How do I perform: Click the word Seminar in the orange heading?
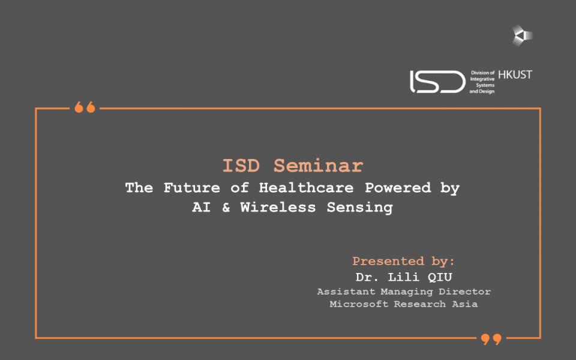click(319, 166)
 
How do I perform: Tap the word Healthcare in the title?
click(307, 188)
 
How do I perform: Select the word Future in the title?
click(192, 188)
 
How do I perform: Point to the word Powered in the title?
click(398, 188)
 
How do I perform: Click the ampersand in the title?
click(226, 208)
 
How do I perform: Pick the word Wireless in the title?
click(278, 207)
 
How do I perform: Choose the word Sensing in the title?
click(360, 208)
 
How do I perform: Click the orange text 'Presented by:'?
click(403, 261)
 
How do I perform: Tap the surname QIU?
click(440, 277)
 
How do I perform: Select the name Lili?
click(404, 277)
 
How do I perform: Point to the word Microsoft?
click(359, 304)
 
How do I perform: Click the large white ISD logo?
click(437, 82)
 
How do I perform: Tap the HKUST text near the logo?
click(515, 74)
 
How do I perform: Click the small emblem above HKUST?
click(522, 35)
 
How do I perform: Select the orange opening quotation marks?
click(85, 107)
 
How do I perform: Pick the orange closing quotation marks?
click(491, 339)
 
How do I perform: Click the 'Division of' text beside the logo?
click(482, 73)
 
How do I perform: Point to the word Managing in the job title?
click(407, 292)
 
